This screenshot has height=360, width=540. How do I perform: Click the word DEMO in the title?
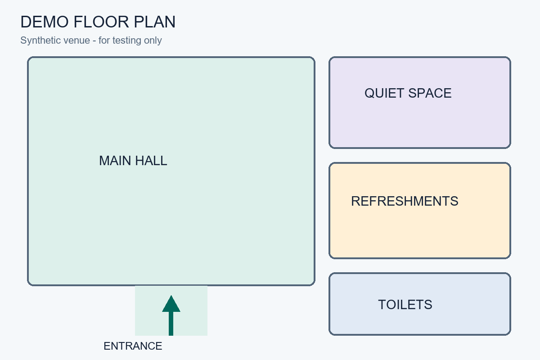[x=45, y=22]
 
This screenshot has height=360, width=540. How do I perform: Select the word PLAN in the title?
[x=154, y=22]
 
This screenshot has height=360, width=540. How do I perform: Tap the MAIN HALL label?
[x=133, y=161]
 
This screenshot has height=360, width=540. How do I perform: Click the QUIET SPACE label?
[x=408, y=93]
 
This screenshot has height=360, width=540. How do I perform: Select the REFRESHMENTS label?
[x=405, y=201]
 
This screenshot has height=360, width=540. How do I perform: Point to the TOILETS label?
[x=405, y=305]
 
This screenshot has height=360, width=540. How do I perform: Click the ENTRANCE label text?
[x=133, y=346]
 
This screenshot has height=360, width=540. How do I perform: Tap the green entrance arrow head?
[x=171, y=304]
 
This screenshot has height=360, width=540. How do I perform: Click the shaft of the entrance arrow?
[x=171, y=324]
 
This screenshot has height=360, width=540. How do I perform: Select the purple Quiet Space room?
[x=420, y=103]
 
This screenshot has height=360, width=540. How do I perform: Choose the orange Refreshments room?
[x=420, y=211]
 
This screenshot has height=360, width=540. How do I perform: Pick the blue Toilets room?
[x=420, y=304]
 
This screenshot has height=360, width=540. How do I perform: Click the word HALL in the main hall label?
[x=151, y=161]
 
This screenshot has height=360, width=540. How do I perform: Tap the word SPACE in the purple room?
[x=430, y=93]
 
